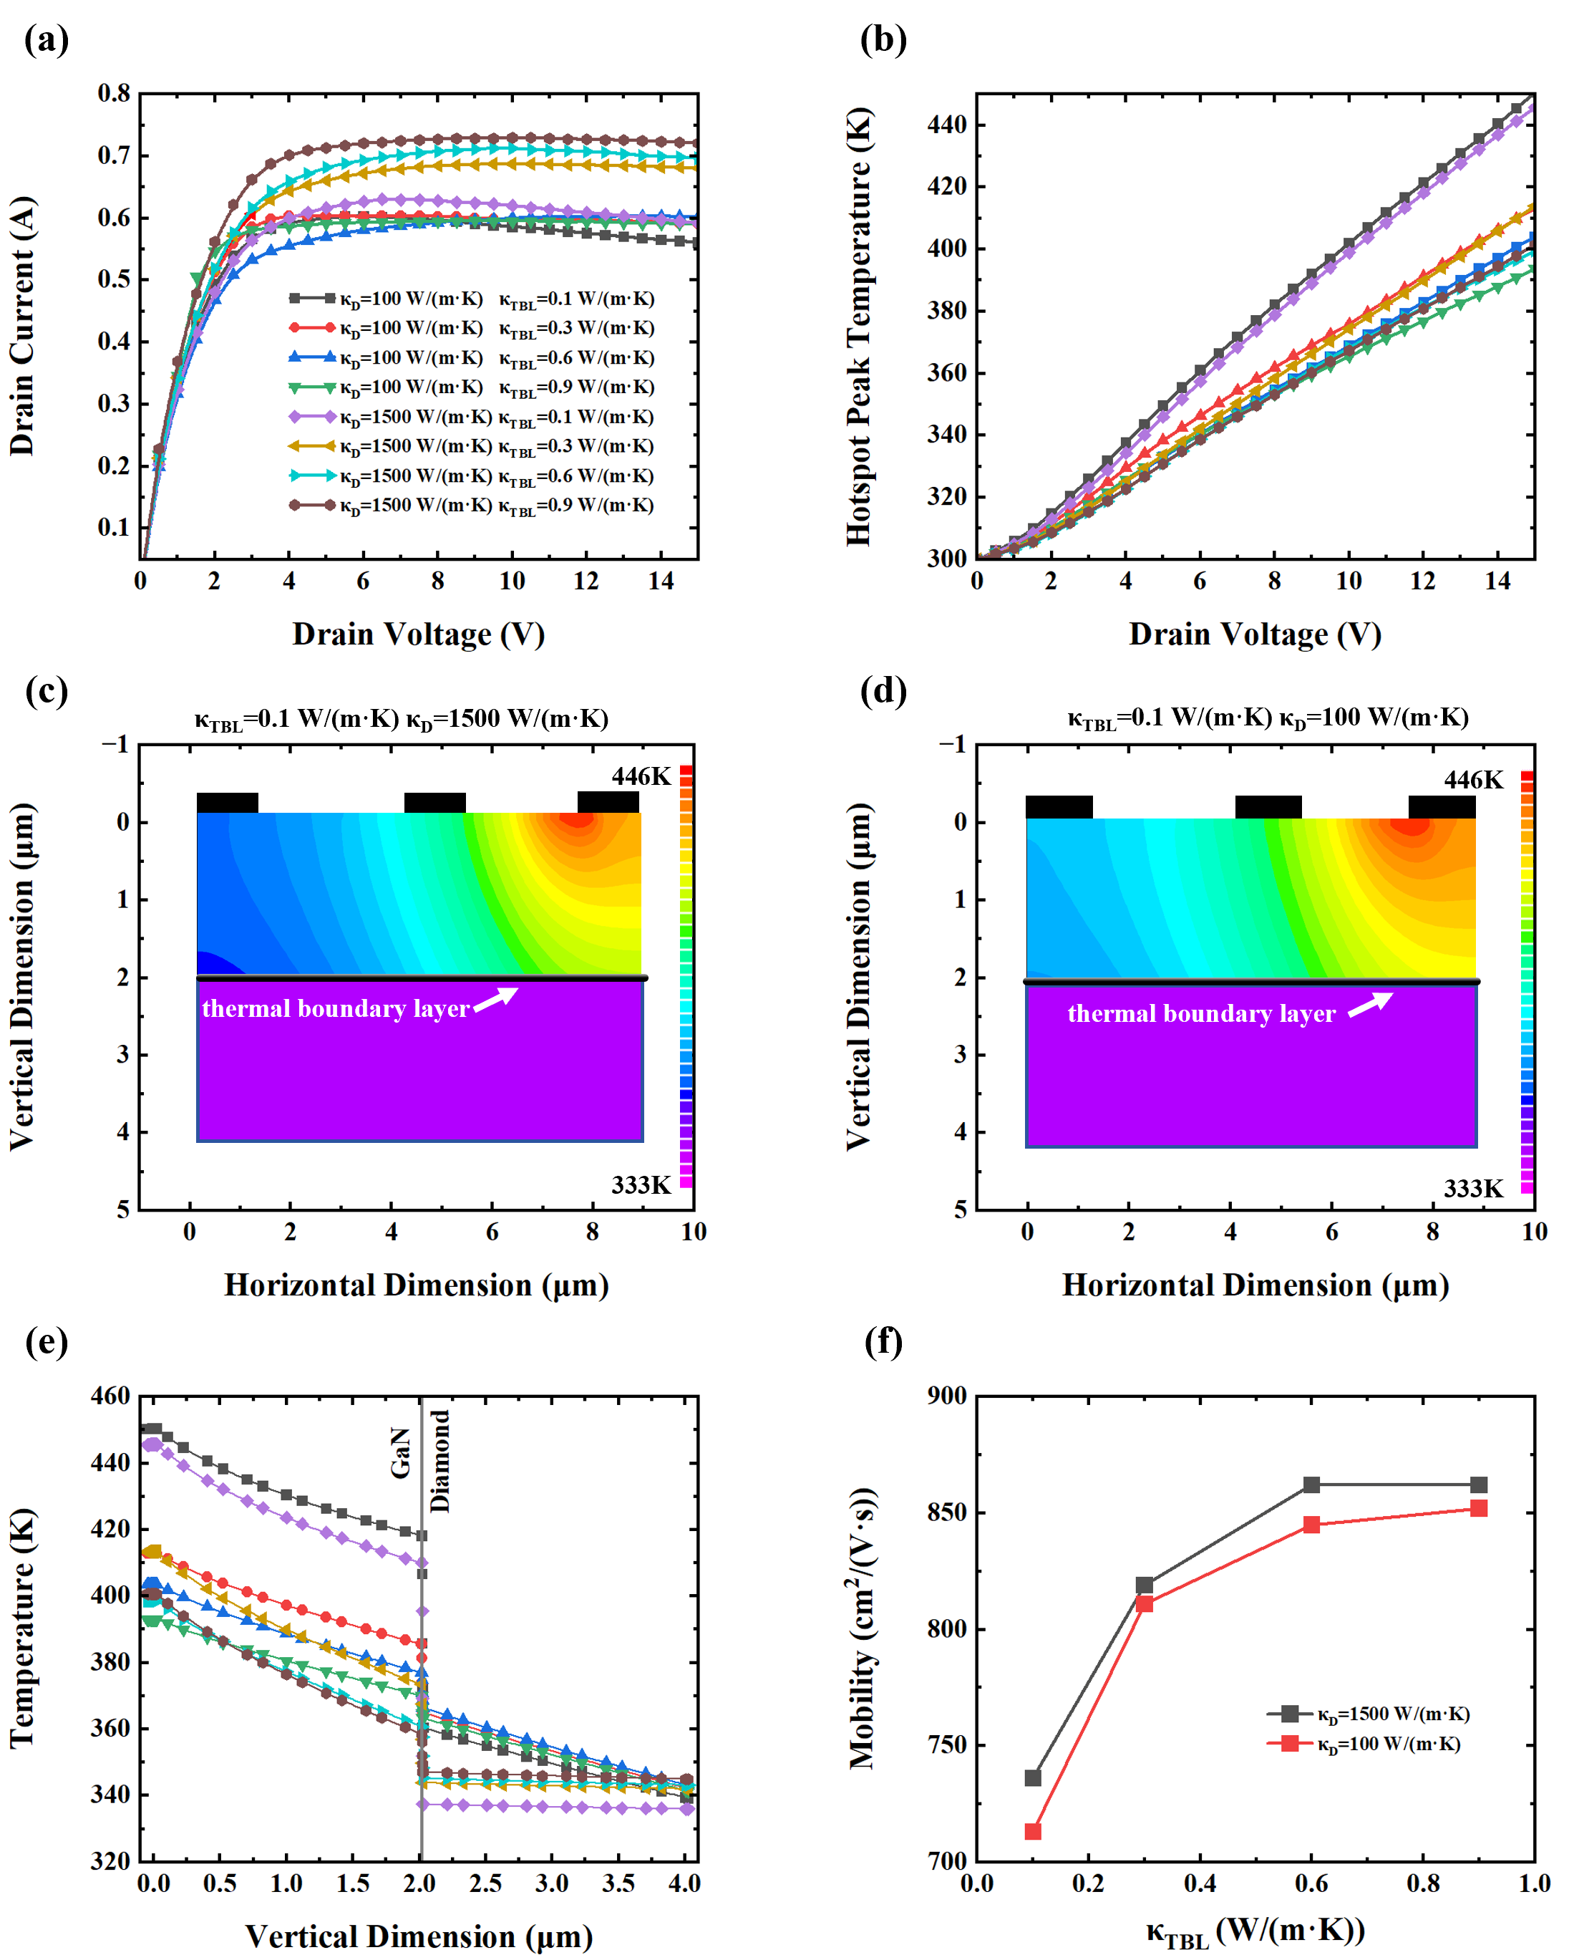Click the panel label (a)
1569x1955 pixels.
pyautogui.click(x=47, y=40)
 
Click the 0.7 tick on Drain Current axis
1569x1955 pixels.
pyautogui.click(x=115, y=155)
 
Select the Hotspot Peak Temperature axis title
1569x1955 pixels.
pyautogui.click(x=858, y=327)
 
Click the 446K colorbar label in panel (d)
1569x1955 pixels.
pyautogui.click(x=1473, y=780)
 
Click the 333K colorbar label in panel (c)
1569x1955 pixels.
pyautogui.click(x=640, y=1185)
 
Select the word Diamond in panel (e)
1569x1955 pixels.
pyautogui.click(x=439, y=1461)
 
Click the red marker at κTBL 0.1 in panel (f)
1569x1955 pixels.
pyautogui.click(x=1032, y=1832)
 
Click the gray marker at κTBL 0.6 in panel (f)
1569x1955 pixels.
pyautogui.click(x=1311, y=1485)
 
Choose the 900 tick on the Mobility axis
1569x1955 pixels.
pyautogui.click(x=946, y=1396)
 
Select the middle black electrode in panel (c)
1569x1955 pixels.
pyautogui.click(x=434, y=803)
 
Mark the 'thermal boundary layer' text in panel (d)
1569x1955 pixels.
pyautogui.click(x=1201, y=1014)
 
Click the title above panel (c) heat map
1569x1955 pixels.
pyautogui.click(x=401, y=719)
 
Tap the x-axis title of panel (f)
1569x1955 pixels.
pyautogui.click(x=1255, y=1931)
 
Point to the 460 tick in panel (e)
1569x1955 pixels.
pyautogui.click(x=110, y=1396)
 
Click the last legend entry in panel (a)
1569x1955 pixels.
pyautogui.click(x=471, y=505)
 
